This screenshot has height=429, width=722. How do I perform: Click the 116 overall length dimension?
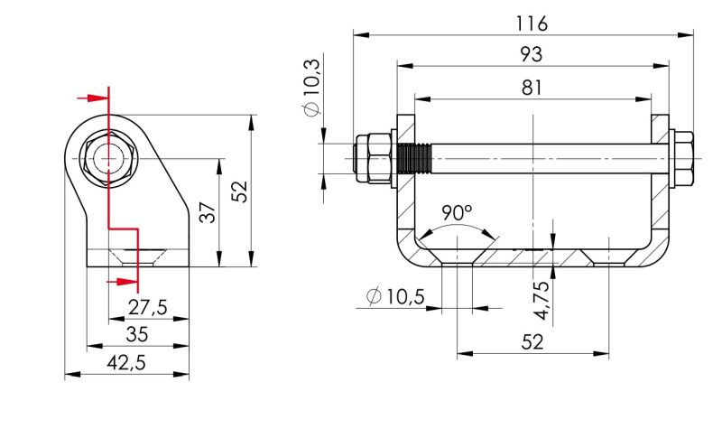point(532,23)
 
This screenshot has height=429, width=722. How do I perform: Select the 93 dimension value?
point(532,54)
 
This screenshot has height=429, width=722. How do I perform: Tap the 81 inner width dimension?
point(532,88)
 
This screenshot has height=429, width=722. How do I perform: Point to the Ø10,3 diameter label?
point(312,88)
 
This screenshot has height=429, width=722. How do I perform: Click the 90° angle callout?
point(457,212)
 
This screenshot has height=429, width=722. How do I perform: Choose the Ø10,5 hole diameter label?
point(395,296)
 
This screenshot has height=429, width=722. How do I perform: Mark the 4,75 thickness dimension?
point(542,300)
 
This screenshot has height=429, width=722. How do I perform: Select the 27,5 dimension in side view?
point(147,307)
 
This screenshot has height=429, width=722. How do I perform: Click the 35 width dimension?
point(137,334)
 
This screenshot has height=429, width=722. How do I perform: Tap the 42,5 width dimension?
point(126,363)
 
